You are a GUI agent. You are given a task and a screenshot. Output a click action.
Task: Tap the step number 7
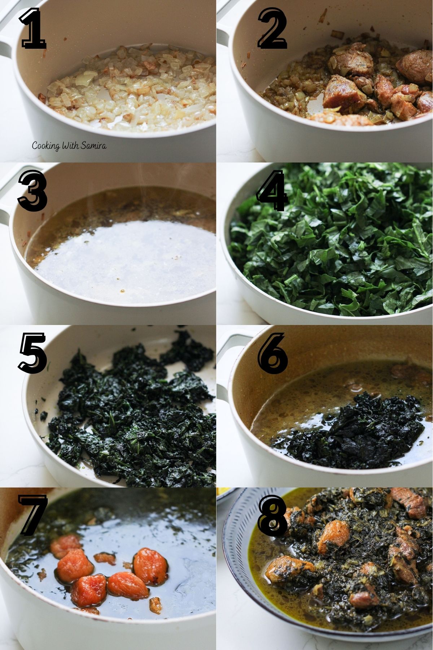(33, 515)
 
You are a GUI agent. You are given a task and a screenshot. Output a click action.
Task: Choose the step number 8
(272, 515)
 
